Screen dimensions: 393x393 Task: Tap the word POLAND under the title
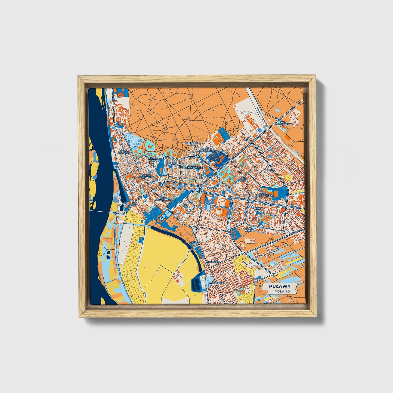[282, 291]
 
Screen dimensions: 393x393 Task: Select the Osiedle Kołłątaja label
[125, 152]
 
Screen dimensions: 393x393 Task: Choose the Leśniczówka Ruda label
[192, 144]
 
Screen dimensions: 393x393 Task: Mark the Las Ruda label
[248, 139]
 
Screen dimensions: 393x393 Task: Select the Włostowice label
[217, 283]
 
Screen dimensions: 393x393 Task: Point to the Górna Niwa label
[249, 230]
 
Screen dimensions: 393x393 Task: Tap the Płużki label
[258, 279]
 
